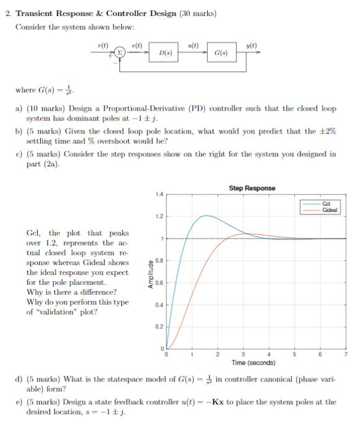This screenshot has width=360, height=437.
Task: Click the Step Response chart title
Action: click(x=252, y=188)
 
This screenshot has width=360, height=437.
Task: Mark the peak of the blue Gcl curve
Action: click(x=207, y=216)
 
